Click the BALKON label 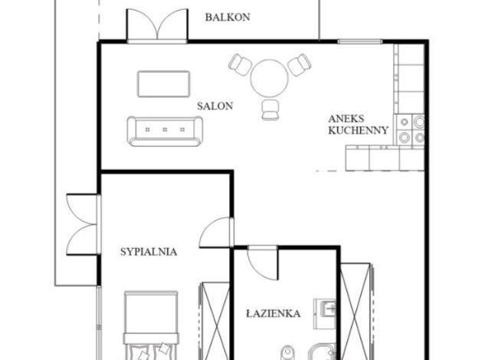tap(228, 18)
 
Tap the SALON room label tap(214, 106)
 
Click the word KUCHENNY tap(359, 130)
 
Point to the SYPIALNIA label tap(149, 252)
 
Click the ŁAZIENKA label tap(273, 314)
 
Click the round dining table tap(270, 78)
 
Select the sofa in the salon tap(165, 131)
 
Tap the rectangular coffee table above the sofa tap(164, 83)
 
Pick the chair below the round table tap(270, 110)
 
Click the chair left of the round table tap(240, 64)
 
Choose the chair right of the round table tap(300, 64)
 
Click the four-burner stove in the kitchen tap(411, 129)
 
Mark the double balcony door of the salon tap(157, 25)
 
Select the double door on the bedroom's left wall tap(83, 224)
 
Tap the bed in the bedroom tap(151, 326)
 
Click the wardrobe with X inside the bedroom tap(215, 321)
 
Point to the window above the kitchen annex tap(360, 41)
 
